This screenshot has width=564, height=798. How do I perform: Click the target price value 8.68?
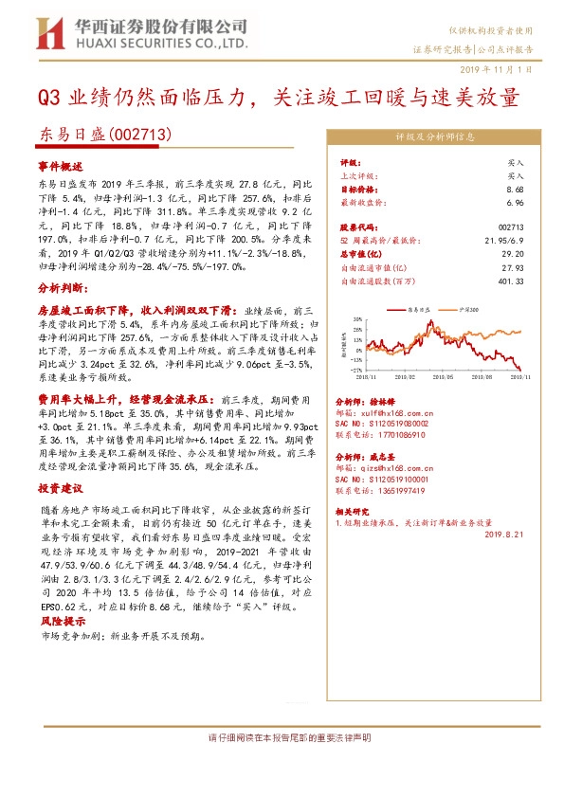click(516, 189)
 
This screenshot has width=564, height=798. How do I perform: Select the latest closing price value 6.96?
click(516, 202)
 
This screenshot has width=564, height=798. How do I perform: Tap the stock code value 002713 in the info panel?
click(511, 227)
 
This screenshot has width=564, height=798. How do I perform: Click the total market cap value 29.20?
click(513, 254)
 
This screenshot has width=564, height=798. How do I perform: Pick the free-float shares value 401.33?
click(511, 281)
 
